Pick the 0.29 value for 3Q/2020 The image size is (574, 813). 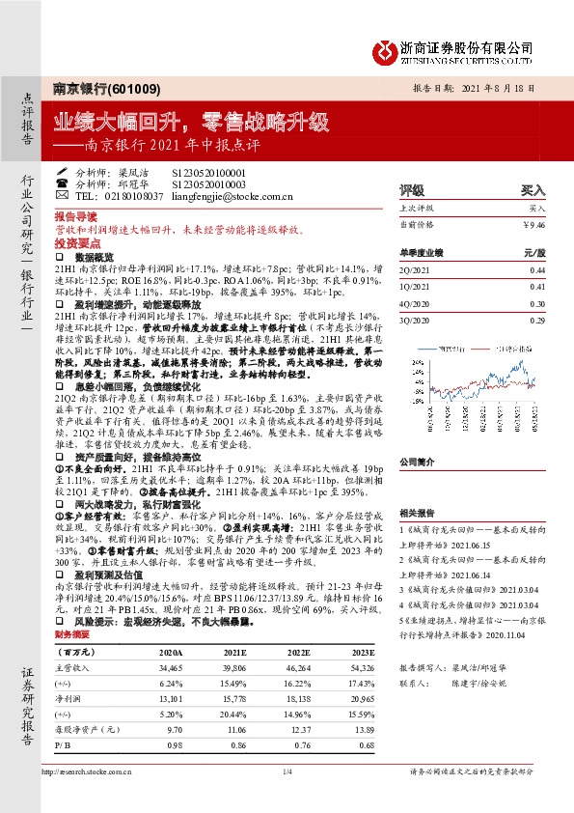[536, 319]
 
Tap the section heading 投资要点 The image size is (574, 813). [74, 245]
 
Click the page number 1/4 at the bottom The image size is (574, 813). [287, 771]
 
